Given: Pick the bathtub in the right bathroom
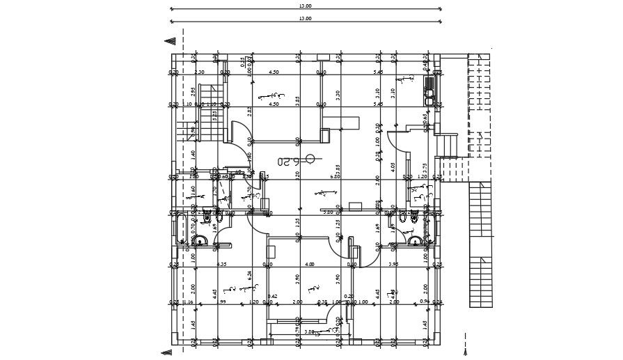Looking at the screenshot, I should [x=427, y=228].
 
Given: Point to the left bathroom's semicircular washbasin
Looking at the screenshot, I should [x=200, y=242].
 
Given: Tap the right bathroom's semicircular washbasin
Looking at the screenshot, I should [x=416, y=242].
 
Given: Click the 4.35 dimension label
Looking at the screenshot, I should [x=222, y=265].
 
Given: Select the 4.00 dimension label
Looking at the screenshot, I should [x=310, y=265].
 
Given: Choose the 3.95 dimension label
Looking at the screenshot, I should [x=393, y=265].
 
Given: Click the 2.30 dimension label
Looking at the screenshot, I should [x=199, y=72].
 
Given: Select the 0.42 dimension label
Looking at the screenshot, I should [x=274, y=296].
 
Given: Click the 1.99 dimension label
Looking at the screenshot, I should [x=222, y=302].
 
